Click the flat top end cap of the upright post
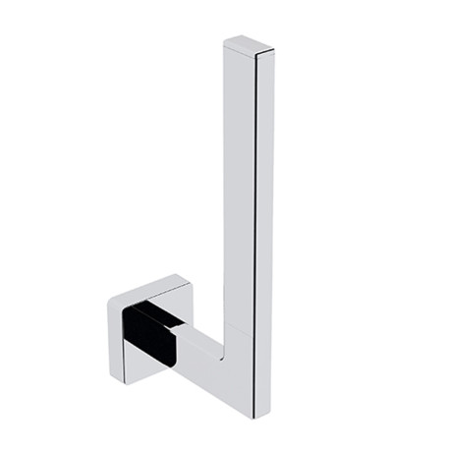pos(246,44)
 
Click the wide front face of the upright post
pos(241,197)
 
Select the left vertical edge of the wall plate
pos(108,329)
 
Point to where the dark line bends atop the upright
pos(257,55)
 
